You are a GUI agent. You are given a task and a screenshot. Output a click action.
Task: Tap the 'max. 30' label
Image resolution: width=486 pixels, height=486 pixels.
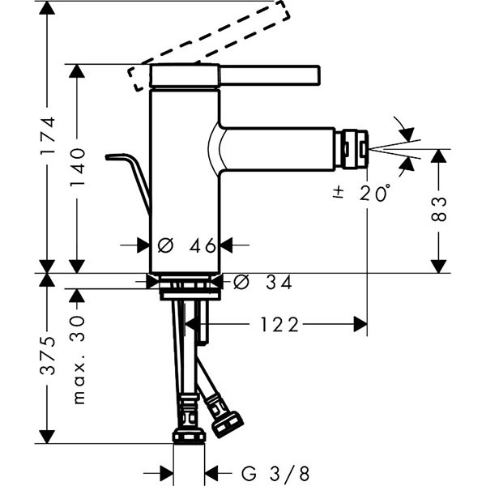(x=79, y=360)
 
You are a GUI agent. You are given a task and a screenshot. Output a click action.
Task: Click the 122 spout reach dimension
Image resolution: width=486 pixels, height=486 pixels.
(x=279, y=325)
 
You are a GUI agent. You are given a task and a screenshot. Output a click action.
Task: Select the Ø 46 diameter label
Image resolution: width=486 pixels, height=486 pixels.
(x=185, y=245)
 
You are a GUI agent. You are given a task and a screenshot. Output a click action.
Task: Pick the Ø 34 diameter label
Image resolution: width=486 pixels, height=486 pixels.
(x=262, y=282)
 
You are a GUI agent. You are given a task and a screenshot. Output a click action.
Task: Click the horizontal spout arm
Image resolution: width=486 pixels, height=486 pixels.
(x=279, y=147)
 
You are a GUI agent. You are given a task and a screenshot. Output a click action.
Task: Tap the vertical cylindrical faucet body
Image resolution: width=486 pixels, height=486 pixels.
(x=185, y=178)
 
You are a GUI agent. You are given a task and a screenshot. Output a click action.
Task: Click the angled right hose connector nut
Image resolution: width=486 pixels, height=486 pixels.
(x=226, y=424)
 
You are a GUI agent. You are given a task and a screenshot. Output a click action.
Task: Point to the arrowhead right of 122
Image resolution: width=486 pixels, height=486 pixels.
(x=360, y=325)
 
